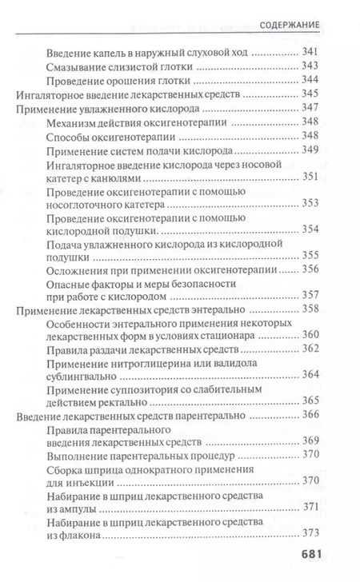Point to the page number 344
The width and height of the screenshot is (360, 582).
coord(309,81)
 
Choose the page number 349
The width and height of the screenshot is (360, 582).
coord(309,149)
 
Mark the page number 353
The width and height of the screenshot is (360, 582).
coord(309,204)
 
